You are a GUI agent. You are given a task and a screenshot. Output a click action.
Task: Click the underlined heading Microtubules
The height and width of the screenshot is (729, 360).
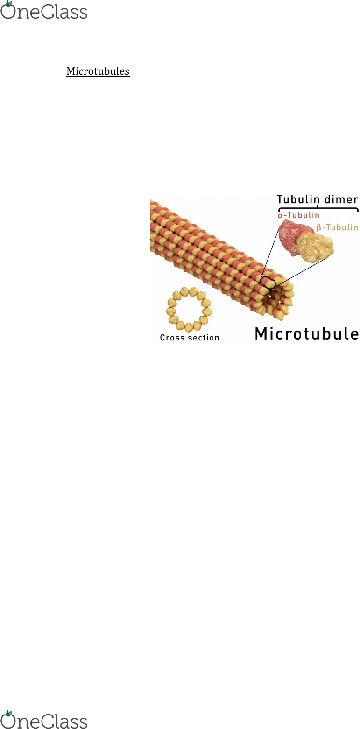(98, 71)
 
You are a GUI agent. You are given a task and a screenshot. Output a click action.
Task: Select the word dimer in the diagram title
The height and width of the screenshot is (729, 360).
(341, 199)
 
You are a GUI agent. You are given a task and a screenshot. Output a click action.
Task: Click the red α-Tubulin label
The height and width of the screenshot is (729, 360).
(298, 215)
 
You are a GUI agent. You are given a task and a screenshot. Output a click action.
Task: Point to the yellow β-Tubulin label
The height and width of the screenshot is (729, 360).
(337, 227)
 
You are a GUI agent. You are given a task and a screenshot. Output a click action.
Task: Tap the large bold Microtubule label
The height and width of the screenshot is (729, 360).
(307, 333)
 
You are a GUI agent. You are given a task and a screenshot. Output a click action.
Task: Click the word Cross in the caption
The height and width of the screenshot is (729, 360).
(172, 338)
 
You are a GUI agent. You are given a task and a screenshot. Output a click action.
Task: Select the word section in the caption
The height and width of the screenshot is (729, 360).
(204, 338)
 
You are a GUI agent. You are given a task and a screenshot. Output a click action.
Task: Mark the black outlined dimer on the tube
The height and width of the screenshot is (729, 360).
(268, 283)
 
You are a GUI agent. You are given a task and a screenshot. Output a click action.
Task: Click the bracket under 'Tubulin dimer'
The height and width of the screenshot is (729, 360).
(318, 208)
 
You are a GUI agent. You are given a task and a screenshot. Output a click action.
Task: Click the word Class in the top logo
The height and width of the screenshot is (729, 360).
(65, 12)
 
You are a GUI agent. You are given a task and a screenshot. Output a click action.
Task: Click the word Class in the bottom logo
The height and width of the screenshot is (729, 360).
(65, 721)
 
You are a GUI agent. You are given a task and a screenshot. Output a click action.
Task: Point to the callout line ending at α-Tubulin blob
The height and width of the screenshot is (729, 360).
(270, 254)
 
